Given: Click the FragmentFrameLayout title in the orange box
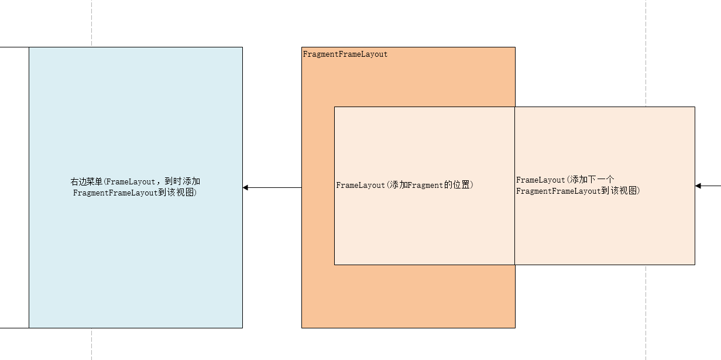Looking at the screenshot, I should click(345, 54).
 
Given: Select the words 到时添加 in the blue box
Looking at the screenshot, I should click(183, 182).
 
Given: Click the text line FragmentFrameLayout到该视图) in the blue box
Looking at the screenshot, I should click(135, 193).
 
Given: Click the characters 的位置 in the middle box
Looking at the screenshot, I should click(459, 186).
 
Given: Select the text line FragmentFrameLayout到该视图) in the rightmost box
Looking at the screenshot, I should click(578, 191).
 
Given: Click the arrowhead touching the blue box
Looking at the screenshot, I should click(246, 188).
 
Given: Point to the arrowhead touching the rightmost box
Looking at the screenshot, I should click(698, 186).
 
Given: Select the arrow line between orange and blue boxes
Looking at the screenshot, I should click(275, 188).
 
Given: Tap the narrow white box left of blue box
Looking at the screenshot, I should click(14, 187).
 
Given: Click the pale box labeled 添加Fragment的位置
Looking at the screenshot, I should click(424, 228).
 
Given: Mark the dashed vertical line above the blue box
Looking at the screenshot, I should click(92, 23).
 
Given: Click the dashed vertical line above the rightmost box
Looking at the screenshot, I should click(646, 53).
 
